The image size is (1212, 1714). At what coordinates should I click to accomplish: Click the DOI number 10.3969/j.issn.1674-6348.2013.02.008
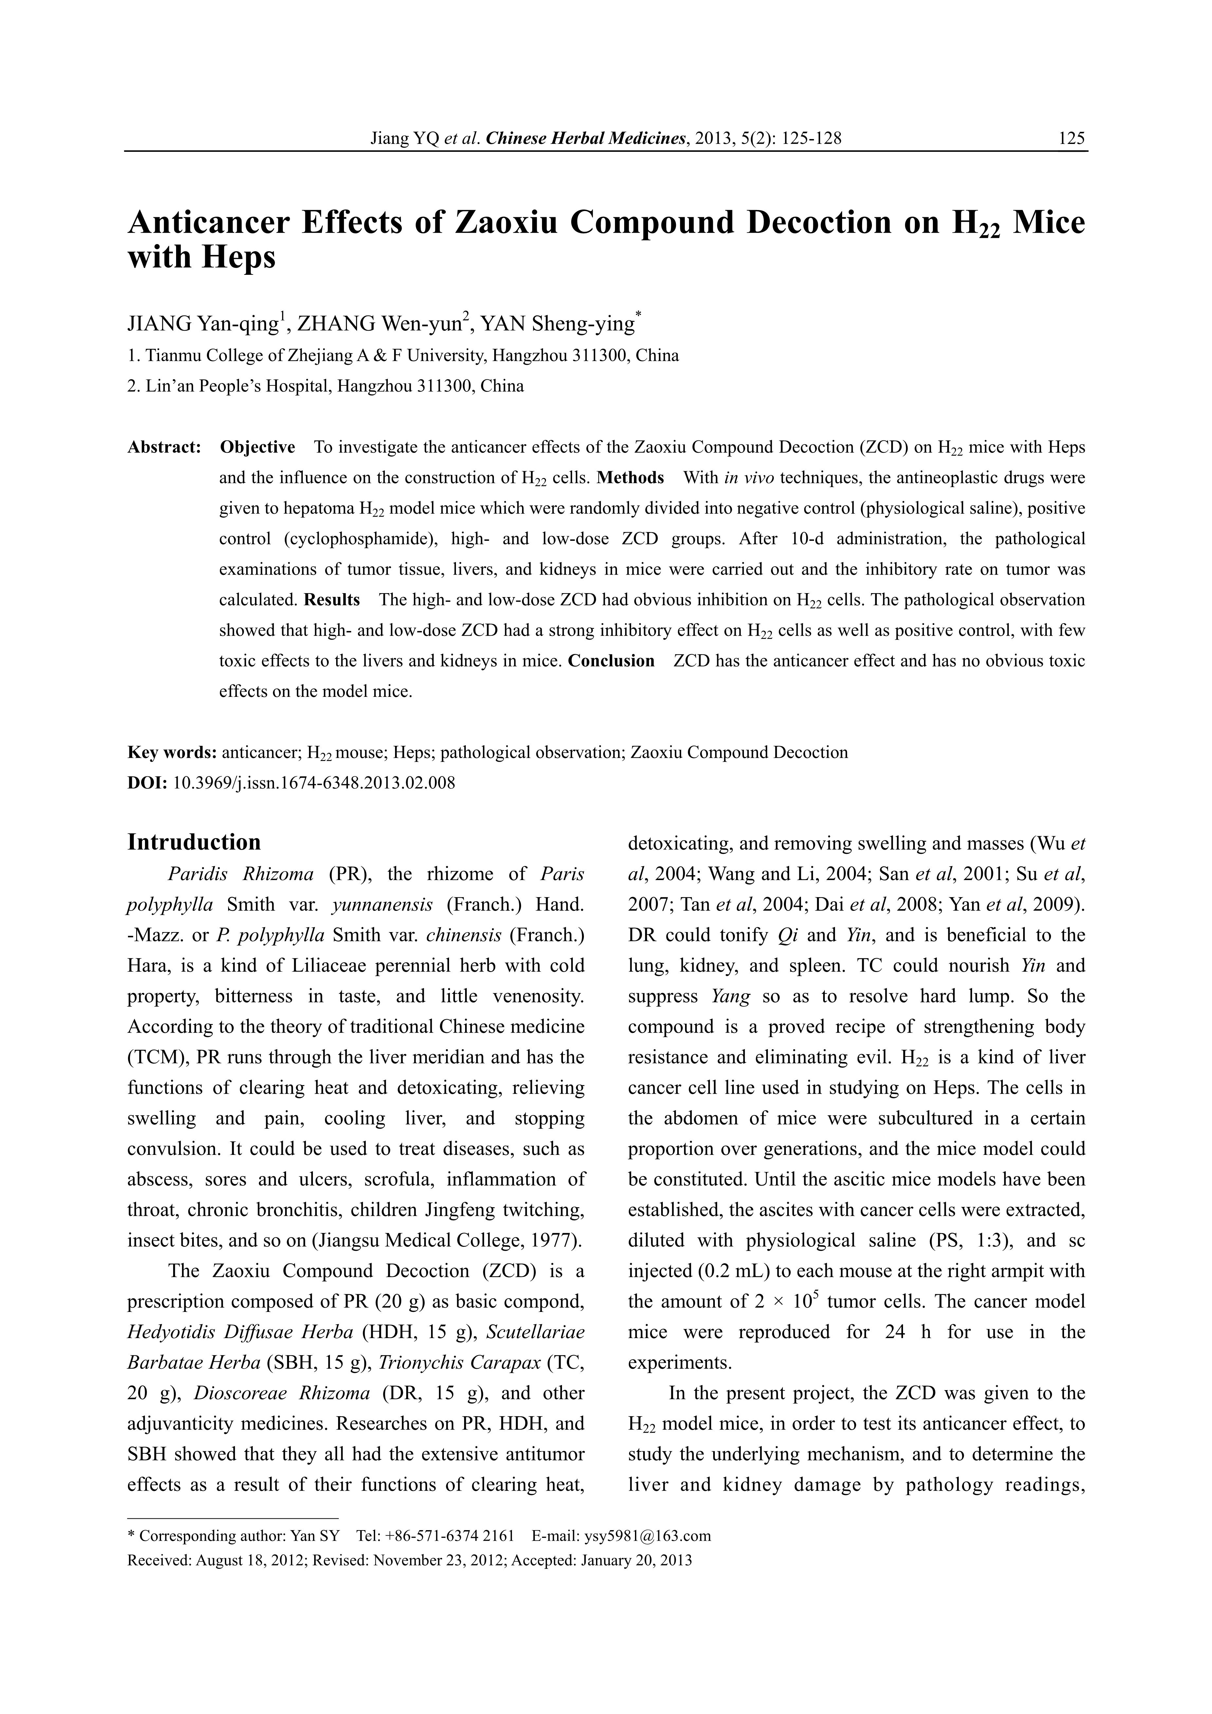(x=314, y=783)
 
